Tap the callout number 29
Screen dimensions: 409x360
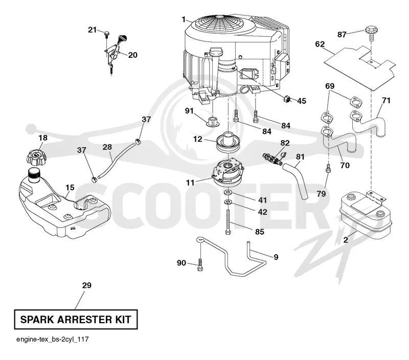(x=87, y=285)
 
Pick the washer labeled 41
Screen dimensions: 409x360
(x=228, y=193)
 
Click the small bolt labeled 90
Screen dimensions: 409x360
(x=200, y=264)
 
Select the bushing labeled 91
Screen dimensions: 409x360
(x=213, y=121)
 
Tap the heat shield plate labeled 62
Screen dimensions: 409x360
(x=360, y=68)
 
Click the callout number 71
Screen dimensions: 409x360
(x=386, y=100)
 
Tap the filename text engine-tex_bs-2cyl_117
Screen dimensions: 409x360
(x=53, y=340)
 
